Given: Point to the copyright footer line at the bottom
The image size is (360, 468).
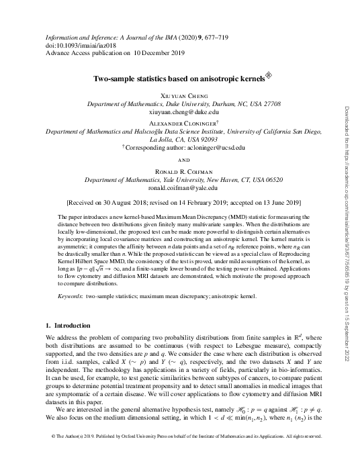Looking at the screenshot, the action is pyautogui.click(x=180, y=455).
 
